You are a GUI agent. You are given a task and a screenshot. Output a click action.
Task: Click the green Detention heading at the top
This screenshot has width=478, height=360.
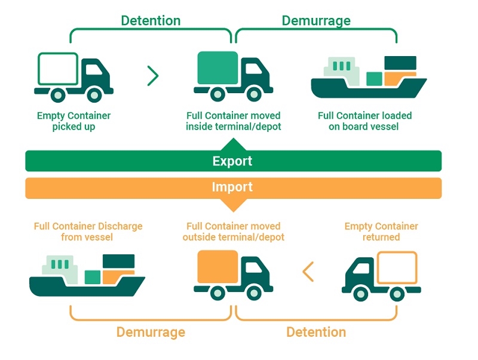point(150,21)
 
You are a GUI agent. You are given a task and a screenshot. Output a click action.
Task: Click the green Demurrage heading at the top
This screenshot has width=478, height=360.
point(315,21)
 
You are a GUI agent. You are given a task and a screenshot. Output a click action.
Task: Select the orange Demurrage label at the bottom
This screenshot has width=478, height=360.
point(151,332)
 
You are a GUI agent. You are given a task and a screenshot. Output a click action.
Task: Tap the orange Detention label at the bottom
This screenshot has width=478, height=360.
point(316,332)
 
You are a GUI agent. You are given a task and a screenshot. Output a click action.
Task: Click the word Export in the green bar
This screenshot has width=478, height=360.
point(232,161)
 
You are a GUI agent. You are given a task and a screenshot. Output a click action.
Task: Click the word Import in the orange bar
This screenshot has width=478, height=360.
point(232,187)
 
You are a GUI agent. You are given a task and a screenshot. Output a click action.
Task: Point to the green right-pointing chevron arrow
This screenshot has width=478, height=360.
point(153,76)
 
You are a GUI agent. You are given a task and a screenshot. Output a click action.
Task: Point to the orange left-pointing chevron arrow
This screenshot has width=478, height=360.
point(308,272)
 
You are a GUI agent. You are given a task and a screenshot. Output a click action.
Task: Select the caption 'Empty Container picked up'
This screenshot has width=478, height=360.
point(73,121)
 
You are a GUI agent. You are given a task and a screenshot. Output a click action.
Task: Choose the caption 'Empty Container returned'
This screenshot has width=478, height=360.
point(381,232)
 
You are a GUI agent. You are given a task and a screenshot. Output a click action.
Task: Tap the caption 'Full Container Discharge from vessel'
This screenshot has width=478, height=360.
point(88,232)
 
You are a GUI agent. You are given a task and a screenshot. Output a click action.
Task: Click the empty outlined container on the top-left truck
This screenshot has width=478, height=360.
point(58,69)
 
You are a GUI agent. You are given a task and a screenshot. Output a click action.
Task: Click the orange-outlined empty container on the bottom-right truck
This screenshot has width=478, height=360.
point(397,267)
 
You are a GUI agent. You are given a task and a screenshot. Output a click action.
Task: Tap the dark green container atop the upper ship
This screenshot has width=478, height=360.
point(400,63)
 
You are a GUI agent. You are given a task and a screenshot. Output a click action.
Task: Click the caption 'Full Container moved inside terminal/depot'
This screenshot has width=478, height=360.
point(233,121)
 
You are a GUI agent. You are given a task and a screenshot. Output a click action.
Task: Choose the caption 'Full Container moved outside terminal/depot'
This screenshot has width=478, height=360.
point(233,232)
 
